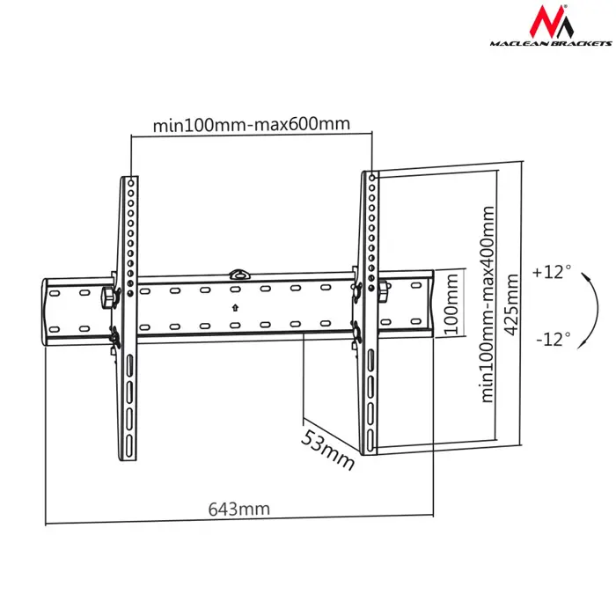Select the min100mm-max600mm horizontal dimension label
coord(251,124)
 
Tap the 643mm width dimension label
coord(238,509)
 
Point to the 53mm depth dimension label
coord(328,448)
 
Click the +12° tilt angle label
coord(552,273)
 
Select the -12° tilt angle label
coord(552,337)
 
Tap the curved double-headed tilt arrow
coord(594,304)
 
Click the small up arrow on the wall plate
coord(235,307)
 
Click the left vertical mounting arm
coord(127,317)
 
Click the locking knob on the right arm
coord(385,291)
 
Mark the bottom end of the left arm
coord(126,453)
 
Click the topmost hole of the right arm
coord(373,179)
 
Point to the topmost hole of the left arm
coord(130,182)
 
